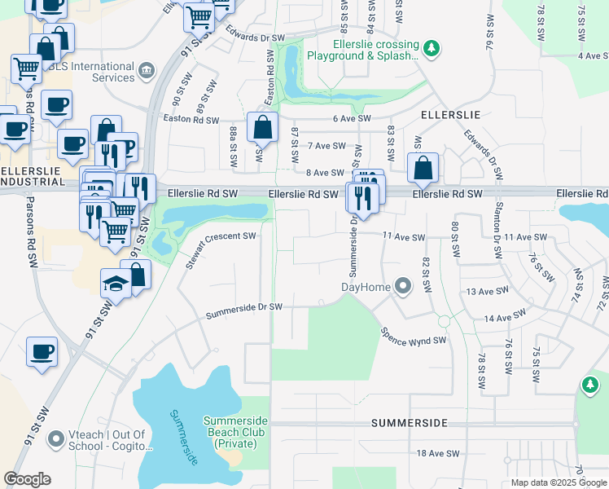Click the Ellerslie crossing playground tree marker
432,49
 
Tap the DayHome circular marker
402,286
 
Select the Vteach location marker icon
56,440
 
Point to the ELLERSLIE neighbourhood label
450,115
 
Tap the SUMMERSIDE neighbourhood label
410,424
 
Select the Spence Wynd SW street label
414,335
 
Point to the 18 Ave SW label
438,453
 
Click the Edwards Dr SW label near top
256,37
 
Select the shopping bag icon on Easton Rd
262,128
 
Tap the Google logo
27,478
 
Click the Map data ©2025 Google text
559,482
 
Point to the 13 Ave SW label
487,290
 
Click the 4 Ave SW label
589,55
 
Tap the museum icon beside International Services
147,71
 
